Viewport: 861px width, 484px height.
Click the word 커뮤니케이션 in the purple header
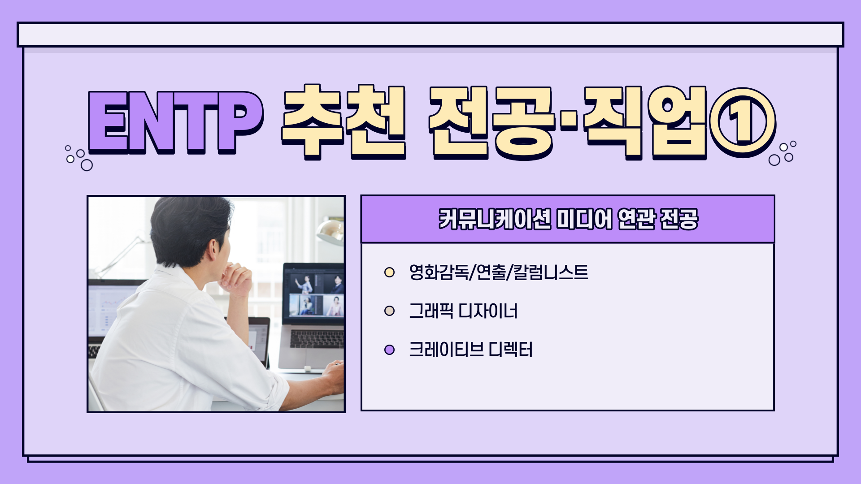pos(495,219)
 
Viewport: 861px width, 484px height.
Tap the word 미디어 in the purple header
pos(584,219)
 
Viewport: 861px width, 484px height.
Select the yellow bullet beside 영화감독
pos(389,272)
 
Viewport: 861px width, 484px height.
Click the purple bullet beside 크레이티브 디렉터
pos(389,350)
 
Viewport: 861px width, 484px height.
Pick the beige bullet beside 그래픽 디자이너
pos(389,311)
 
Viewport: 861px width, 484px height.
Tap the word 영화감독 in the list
pos(439,272)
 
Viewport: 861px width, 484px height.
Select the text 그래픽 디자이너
pos(463,311)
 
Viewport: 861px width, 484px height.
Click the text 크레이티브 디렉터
pos(471,350)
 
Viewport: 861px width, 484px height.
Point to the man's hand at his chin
pos(235,278)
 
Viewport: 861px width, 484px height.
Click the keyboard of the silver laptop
pos(317,339)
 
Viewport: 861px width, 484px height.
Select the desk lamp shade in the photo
pos(330,231)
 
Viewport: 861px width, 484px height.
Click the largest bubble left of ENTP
pos(87,165)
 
